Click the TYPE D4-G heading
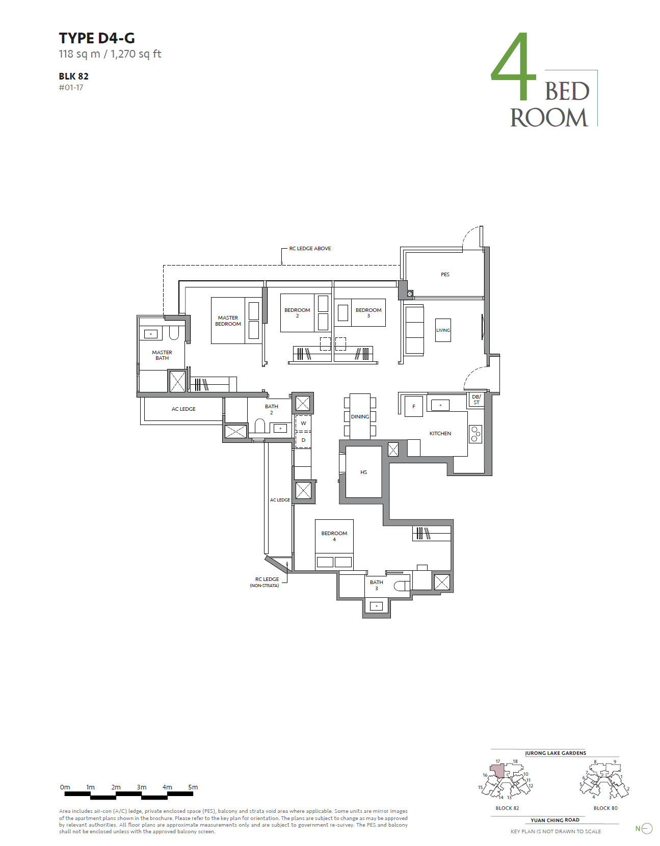(97, 38)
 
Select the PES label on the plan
(445, 275)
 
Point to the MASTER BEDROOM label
(228, 321)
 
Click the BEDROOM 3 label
(368, 312)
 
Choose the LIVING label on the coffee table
(443, 330)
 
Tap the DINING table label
(360, 416)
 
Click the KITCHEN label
(440, 433)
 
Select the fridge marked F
(414, 406)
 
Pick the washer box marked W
(303, 423)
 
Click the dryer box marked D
(303, 440)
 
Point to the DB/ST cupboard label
(477, 400)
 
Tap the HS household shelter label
(363, 472)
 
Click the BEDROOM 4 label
(334, 536)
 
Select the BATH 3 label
(376, 585)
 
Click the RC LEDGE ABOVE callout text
(310, 248)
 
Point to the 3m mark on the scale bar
(142, 787)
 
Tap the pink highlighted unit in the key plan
(498, 771)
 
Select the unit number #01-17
(71, 88)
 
